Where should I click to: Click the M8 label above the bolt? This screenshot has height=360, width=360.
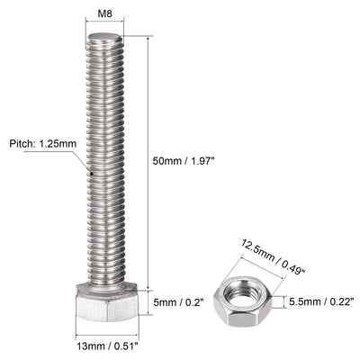click(x=106, y=15)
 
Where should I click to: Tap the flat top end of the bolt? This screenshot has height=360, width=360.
click(x=106, y=39)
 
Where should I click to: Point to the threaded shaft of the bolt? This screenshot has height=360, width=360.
click(x=106, y=162)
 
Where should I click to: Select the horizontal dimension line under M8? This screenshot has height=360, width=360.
click(x=106, y=31)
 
